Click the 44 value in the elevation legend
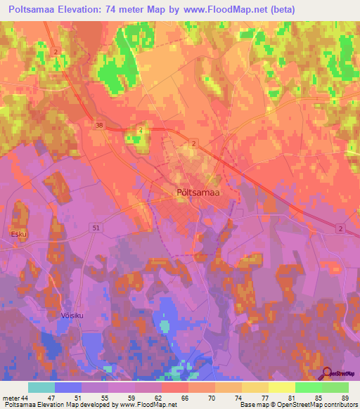pos(25,398)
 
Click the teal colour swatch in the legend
pos(41,387)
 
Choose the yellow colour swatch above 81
pos(281,387)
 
